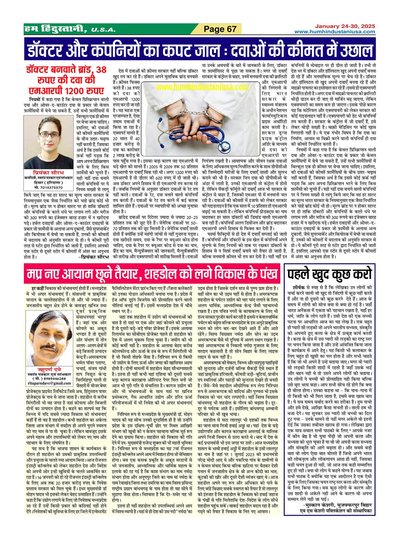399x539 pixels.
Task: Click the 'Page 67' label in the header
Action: coord(220,29)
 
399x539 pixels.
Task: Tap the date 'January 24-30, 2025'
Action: coord(345,26)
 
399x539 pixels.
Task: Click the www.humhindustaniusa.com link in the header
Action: coord(335,32)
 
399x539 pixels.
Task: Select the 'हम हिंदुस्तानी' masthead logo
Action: coord(55,29)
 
